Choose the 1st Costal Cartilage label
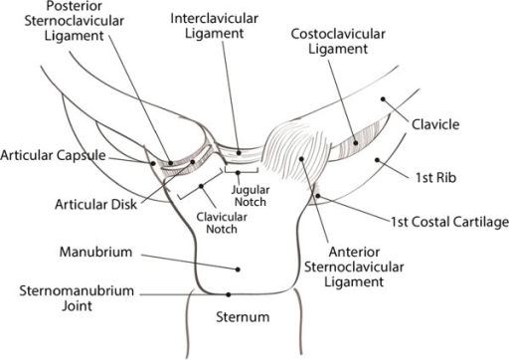click(446, 225)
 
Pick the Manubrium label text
click(86, 254)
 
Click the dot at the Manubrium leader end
click(237, 269)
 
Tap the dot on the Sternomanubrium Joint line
click(229, 293)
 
